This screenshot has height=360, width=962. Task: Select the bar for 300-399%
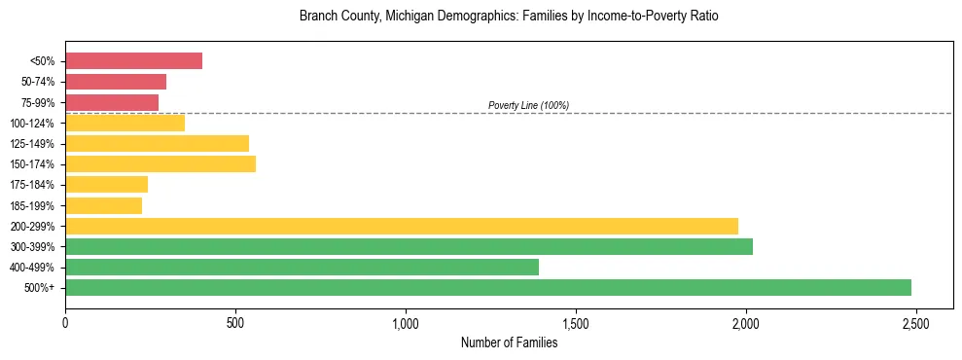tap(409, 246)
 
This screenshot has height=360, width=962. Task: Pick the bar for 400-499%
tap(302, 267)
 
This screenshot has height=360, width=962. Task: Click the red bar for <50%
tap(133, 61)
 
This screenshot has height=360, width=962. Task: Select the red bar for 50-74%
tap(116, 82)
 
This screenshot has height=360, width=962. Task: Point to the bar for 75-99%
tap(112, 102)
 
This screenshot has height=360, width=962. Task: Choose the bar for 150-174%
tap(160, 164)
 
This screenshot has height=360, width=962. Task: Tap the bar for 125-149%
tap(157, 143)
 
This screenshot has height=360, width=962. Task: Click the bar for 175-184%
tap(106, 185)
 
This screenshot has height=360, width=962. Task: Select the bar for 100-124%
tap(125, 123)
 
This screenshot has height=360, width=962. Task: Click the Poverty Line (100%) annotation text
tap(528, 105)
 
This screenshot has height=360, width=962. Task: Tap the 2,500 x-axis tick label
tap(915, 323)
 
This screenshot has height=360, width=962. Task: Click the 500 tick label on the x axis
tap(235, 323)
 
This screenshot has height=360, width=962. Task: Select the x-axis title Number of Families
tap(509, 342)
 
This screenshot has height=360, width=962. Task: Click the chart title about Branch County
tap(509, 17)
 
